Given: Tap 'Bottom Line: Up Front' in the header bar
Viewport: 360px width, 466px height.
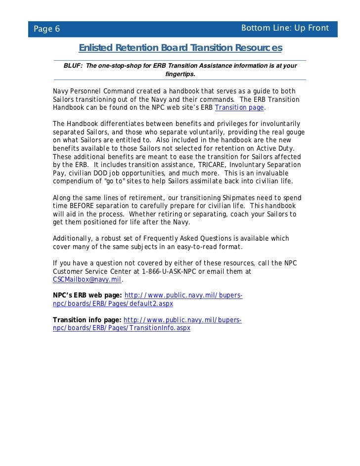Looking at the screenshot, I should [x=284, y=28].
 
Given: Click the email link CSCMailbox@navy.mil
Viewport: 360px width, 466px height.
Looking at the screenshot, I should [x=87, y=280].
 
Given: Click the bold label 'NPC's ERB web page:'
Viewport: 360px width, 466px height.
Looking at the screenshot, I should [x=88, y=296].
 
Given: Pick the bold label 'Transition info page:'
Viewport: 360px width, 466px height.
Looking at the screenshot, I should [x=87, y=320].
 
